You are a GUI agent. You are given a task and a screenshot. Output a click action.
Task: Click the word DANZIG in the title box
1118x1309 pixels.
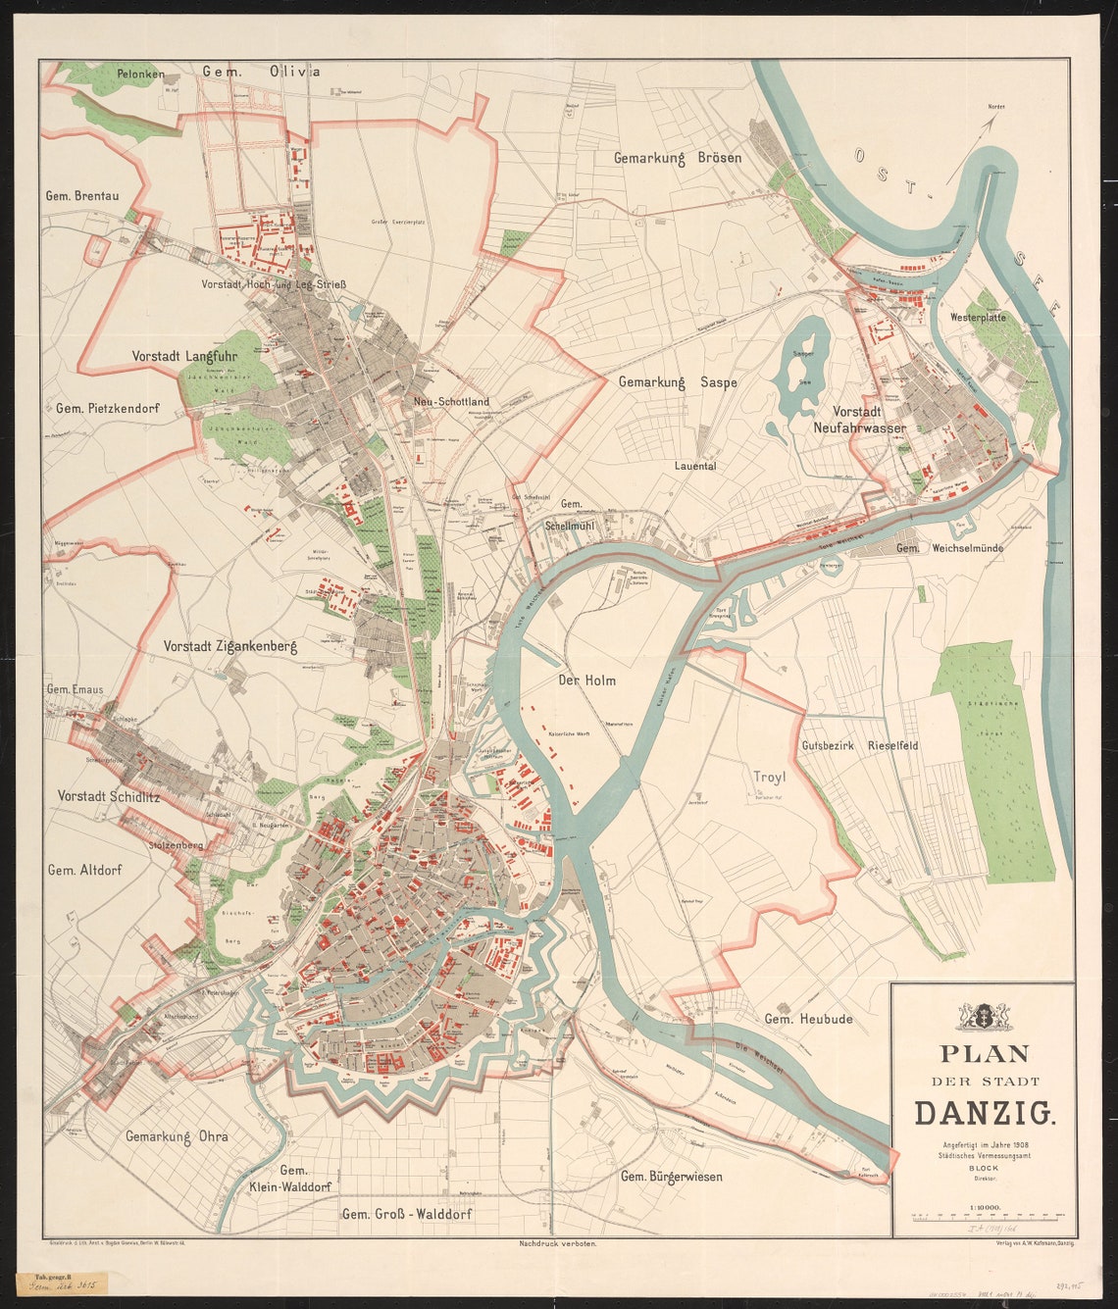click(984, 1113)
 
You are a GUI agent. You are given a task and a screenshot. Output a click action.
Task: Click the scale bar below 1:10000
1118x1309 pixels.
click(984, 1215)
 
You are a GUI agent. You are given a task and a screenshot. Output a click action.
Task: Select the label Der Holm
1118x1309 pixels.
click(586, 680)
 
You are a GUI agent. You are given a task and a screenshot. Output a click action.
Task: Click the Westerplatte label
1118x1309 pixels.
click(979, 318)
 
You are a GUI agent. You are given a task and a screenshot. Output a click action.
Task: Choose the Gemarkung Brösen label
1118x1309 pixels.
click(678, 158)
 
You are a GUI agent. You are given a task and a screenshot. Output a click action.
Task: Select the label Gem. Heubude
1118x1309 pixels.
click(808, 1019)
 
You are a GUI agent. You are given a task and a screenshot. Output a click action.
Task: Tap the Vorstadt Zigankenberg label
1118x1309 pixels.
click(229, 646)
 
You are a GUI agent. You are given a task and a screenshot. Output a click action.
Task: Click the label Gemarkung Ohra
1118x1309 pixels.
click(177, 1136)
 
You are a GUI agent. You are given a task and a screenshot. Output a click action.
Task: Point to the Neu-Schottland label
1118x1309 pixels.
click(451, 402)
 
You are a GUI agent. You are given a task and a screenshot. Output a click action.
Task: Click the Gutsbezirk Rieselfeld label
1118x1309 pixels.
click(859, 745)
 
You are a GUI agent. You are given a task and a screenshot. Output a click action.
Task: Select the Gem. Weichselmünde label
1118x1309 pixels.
click(949, 548)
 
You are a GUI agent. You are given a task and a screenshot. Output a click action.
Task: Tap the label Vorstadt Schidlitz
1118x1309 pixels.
click(108, 795)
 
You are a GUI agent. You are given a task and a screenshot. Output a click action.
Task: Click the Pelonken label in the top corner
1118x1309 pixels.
click(140, 74)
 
